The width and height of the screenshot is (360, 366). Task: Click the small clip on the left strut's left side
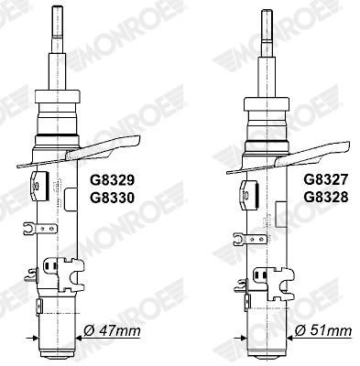28,228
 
